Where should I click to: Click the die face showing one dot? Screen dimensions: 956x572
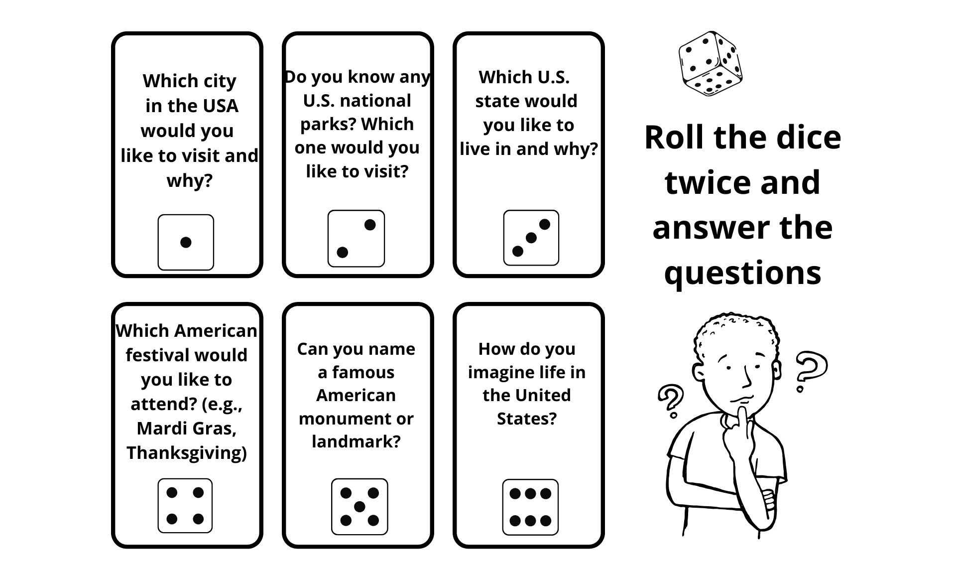[186, 242]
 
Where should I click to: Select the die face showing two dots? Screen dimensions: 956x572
[356, 238]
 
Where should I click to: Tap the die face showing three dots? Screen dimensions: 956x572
[531, 238]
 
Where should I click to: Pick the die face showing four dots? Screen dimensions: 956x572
[185, 506]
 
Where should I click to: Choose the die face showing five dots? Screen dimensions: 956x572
[359, 507]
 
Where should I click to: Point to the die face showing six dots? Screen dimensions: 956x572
[530, 507]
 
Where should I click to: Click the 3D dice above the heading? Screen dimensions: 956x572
[711, 63]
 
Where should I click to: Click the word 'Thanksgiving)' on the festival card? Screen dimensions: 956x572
[186, 453]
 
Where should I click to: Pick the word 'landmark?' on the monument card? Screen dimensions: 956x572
[356, 441]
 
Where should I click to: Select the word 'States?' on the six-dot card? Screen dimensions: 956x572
[527, 419]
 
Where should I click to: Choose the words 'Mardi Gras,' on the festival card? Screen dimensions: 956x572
[186, 429]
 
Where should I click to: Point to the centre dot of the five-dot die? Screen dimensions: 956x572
[359, 507]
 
